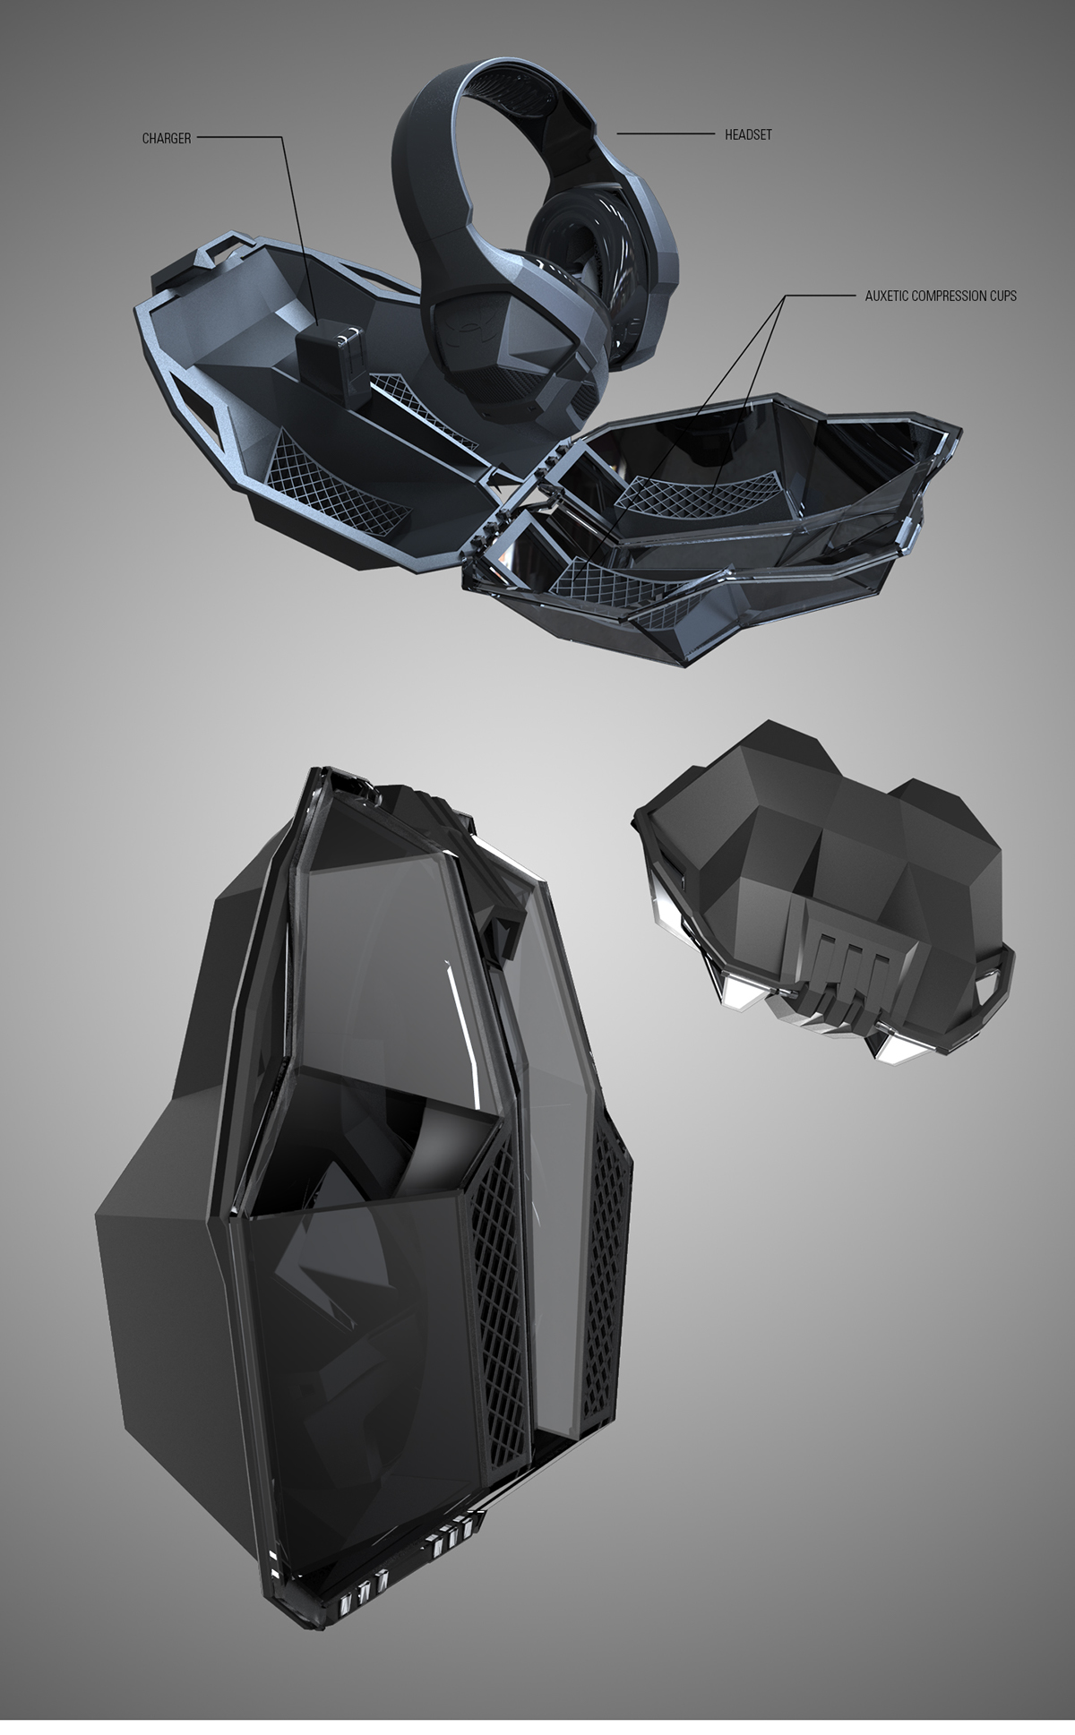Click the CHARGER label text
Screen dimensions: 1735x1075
pyautogui.click(x=167, y=139)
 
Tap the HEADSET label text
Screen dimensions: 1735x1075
pyautogui.click(x=748, y=134)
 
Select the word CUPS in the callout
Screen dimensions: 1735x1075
pyautogui.click(x=1001, y=296)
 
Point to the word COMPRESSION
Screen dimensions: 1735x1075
pyautogui.click(x=950, y=296)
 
